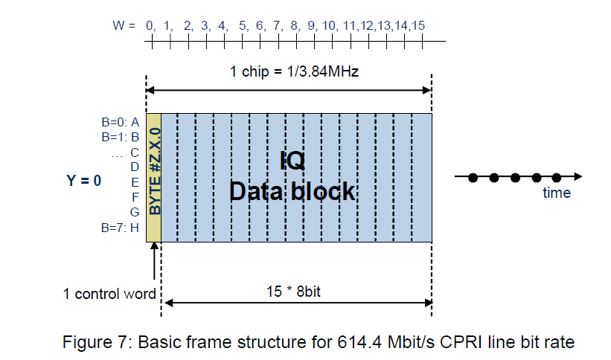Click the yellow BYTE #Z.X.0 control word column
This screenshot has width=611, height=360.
tap(154, 177)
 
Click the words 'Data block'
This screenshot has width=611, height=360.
tap(292, 191)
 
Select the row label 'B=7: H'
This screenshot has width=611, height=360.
tap(121, 227)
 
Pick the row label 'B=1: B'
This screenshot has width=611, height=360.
tap(121, 137)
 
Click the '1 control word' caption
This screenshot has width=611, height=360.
tap(109, 294)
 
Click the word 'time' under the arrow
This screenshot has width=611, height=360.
tap(556, 193)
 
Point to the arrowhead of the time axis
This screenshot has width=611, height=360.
tap(578, 176)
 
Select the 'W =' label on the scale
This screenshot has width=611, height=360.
tap(123, 26)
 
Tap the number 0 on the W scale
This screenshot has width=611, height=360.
tap(150, 26)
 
